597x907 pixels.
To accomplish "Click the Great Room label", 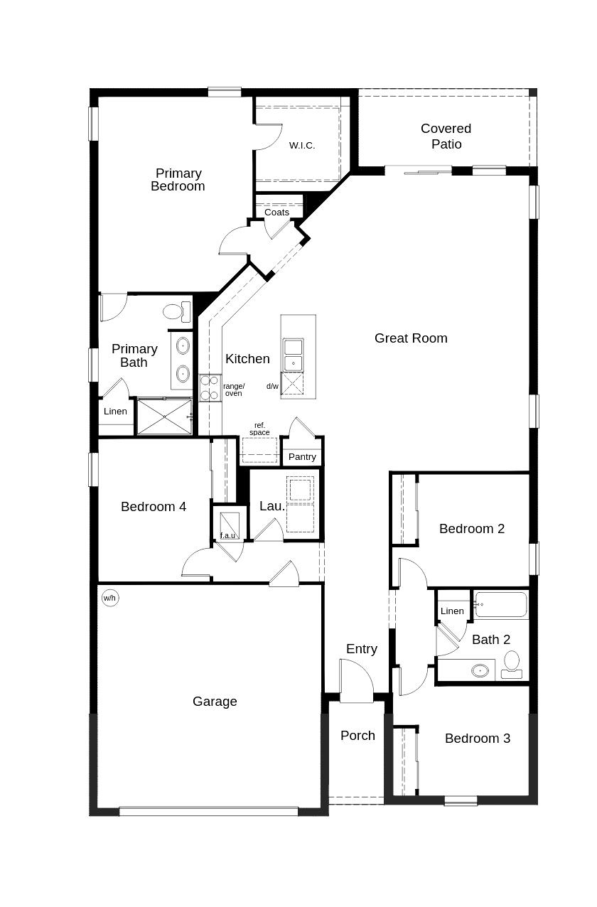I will [x=411, y=338].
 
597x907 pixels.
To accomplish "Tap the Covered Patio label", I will [x=446, y=136].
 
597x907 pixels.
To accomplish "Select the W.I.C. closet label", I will [x=301, y=146].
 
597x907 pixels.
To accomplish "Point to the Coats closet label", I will [x=276, y=213].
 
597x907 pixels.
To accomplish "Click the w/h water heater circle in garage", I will [x=109, y=598].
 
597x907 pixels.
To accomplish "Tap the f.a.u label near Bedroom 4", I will [x=227, y=535].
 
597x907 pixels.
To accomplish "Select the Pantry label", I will [x=302, y=457].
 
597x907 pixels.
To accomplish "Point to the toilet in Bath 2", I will [x=512, y=665].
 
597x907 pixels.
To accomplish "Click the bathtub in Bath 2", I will [x=501, y=605].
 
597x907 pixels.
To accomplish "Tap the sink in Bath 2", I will [x=480, y=670].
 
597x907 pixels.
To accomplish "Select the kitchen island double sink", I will [x=292, y=355].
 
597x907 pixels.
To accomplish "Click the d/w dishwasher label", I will [x=272, y=386].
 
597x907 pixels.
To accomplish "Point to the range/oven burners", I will [x=209, y=387].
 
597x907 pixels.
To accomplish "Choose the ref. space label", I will [x=259, y=429].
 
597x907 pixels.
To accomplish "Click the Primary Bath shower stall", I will [x=163, y=417].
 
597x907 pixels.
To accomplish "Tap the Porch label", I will [x=357, y=736].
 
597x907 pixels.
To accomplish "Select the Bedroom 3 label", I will [x=477, y=739].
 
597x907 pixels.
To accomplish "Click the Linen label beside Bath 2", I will [x=452, y=611].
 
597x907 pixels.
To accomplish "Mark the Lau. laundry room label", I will [x=271, y=506].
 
